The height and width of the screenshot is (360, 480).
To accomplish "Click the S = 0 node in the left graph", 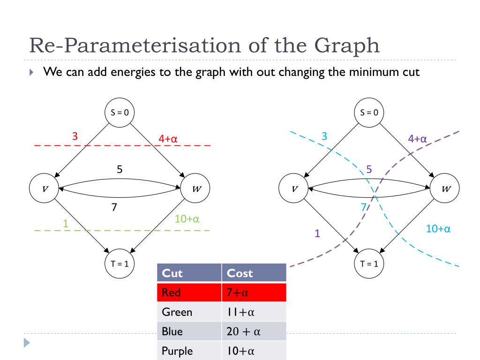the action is (120, 112).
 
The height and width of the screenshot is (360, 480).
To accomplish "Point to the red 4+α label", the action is (168, 139).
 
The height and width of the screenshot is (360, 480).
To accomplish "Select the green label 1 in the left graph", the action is (66, 224).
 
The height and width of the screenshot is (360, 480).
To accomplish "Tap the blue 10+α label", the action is (438, 229).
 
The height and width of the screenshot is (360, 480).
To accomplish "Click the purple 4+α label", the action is (417, 139).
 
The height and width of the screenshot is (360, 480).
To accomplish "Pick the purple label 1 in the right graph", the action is (317, 233).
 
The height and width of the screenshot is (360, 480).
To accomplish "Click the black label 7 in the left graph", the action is (114, 206).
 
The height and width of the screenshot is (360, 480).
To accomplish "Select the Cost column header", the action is (240, 273).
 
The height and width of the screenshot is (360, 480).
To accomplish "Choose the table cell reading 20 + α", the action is (243, 331).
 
